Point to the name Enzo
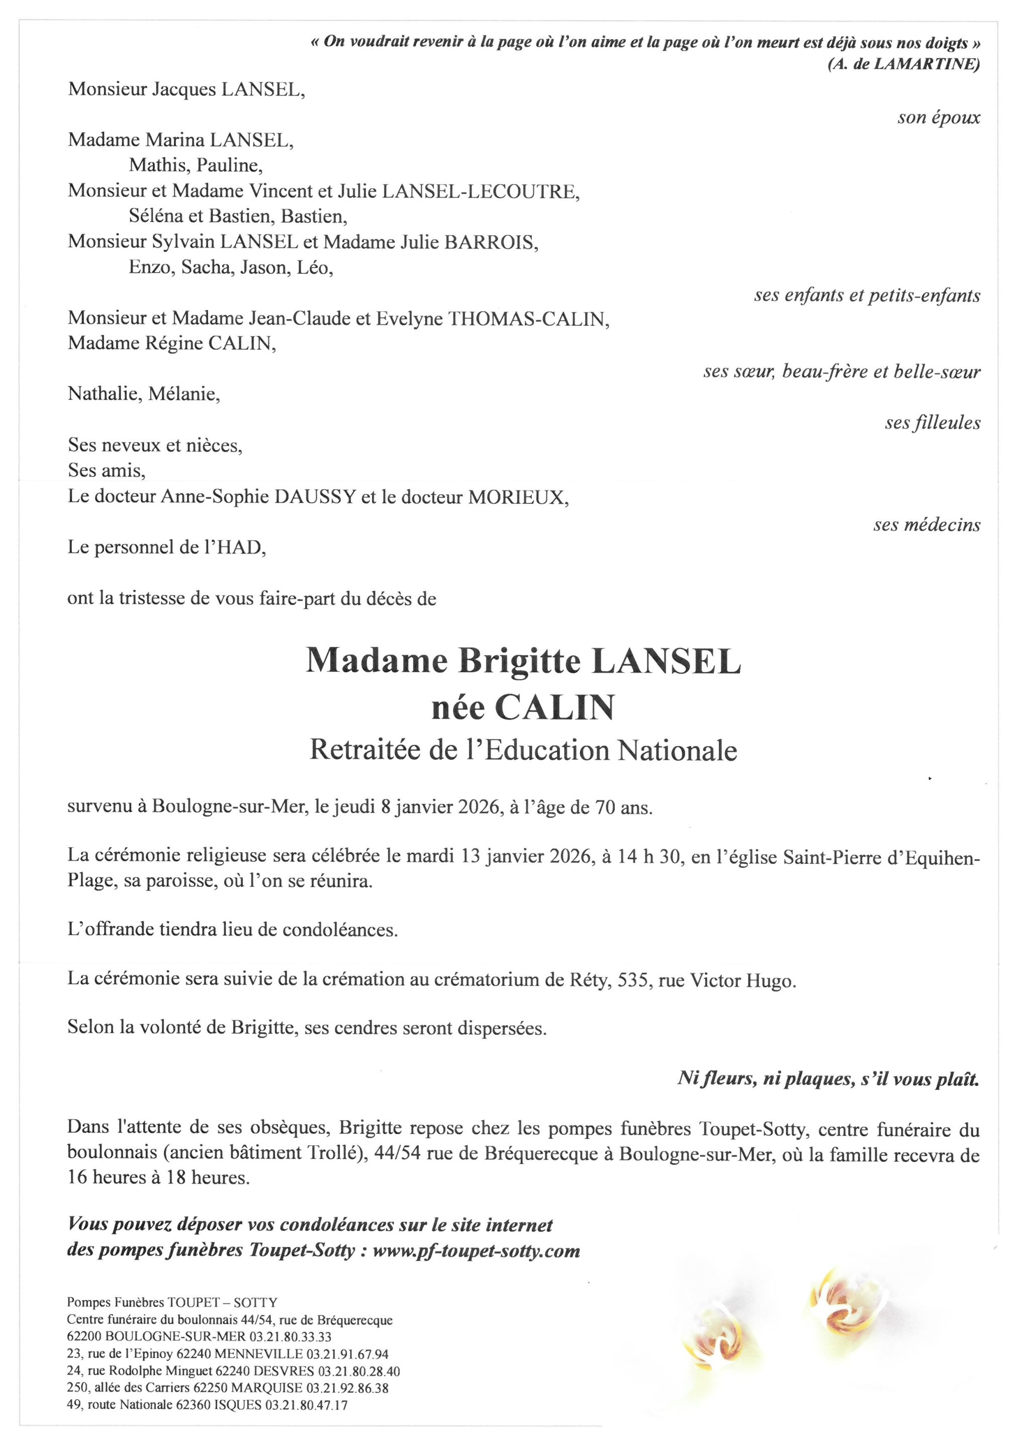[151, 267]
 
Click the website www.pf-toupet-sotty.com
[476, 1251]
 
